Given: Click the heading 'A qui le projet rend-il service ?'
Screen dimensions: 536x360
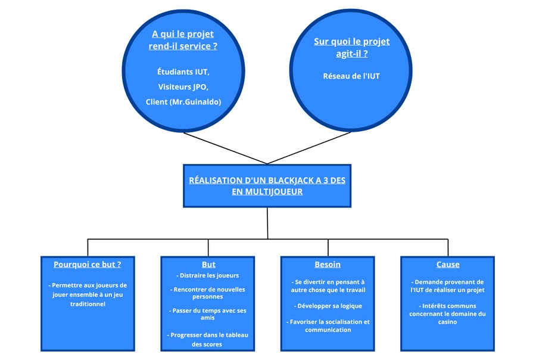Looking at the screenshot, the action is point(183,40).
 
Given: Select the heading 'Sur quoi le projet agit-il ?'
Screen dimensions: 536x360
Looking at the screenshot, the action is point(352,48).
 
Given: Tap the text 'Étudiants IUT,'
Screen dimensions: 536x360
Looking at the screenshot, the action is point(183,72).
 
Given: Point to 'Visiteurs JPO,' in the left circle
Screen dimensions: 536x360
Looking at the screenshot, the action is point(183,87).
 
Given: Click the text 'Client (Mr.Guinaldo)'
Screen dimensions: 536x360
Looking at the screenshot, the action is point(183,102).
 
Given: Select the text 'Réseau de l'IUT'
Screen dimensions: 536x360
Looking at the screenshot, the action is point(351,76).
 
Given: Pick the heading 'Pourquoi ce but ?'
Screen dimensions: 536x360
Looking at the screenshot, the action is point(88,265).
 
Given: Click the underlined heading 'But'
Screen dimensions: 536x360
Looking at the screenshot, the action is point(208,265).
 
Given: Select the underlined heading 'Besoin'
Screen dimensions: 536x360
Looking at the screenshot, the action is point(328,265).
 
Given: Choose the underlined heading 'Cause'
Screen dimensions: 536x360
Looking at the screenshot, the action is point(448,265).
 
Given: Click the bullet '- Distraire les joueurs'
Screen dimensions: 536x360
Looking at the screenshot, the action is point(207,275).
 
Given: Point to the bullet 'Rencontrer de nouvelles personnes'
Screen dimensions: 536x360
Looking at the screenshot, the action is point(207,293).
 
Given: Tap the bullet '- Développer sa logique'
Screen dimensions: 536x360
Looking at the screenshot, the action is point(328,306).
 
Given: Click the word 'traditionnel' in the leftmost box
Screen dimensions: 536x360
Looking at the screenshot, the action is point(88,304).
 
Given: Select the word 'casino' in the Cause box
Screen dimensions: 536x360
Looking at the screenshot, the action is point(447,322).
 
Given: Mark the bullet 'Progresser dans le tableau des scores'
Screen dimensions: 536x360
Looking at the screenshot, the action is point(207,340).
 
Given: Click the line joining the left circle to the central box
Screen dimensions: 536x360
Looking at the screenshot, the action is point(225,148).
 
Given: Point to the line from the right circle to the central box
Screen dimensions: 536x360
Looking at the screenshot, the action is point(309,148).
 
